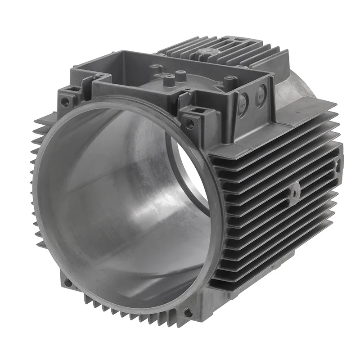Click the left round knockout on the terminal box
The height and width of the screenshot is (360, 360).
[x=243, y=100]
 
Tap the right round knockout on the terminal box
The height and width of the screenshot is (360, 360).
[x=260, y=95]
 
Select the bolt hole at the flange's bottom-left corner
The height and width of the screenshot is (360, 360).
[x=67, y=283]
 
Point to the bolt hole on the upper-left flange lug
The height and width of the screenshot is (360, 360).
[x=66, y=103]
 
